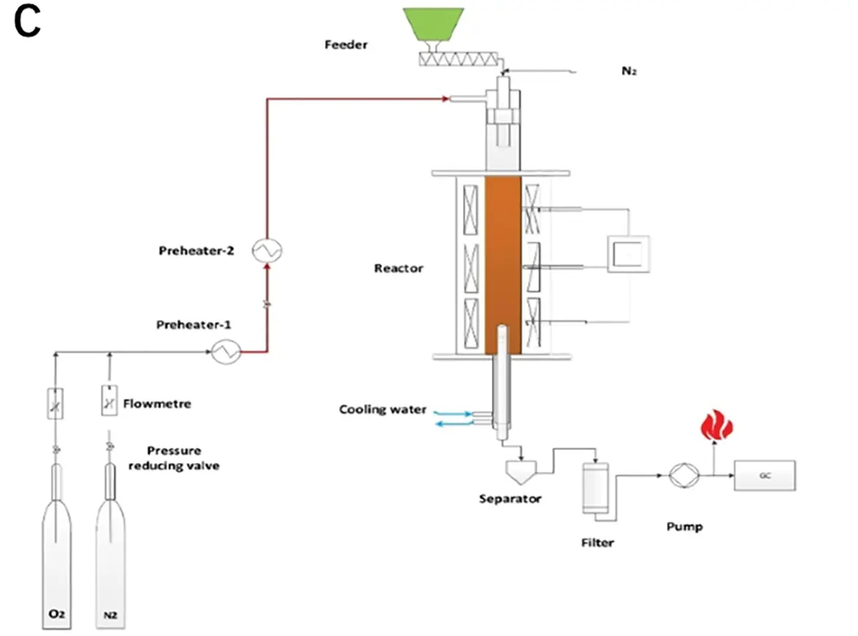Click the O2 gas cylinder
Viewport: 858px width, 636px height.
[x=56, y=557]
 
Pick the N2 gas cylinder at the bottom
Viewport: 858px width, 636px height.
[x=110, y=557]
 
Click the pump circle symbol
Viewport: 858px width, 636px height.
[x=685, y=476]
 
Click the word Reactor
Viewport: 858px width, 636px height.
[x=399, y=268]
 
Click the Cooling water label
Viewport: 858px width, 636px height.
[x=382, y=409]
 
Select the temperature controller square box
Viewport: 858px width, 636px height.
[x=628, y=254]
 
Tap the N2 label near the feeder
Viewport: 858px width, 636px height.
[x=628, y=72]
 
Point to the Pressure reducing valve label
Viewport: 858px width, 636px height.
[x=174, y=458]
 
